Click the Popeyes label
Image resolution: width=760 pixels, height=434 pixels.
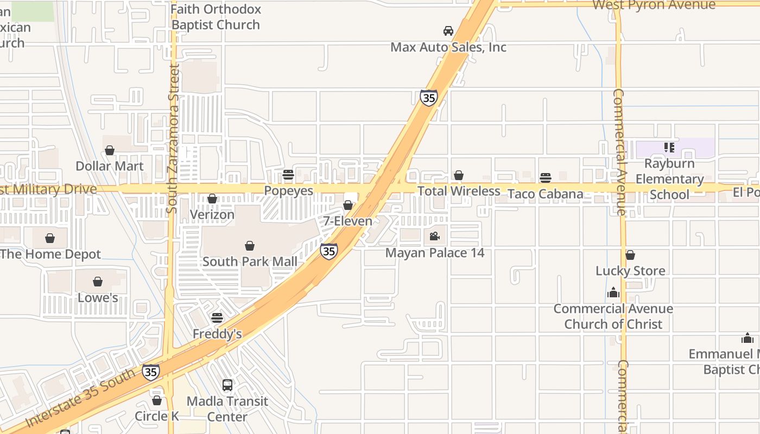coord(289,190)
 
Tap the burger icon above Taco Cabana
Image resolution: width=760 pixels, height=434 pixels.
coord(546,178)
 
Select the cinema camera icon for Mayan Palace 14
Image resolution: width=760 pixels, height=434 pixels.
coord(434,236)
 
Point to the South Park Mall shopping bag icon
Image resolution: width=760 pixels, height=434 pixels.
coord(250,246)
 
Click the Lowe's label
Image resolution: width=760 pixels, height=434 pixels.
coord(98,297)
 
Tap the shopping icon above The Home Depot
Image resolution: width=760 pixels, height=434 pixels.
coord(50,238)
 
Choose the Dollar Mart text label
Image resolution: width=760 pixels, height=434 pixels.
coord(110,166)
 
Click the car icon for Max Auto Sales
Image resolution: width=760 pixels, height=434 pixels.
coord(448,31)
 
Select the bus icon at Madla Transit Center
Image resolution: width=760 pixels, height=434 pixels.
coord(227,385)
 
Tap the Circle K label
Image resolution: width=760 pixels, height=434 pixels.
coord(157,416)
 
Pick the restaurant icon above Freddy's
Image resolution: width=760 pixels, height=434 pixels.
coord(217,318)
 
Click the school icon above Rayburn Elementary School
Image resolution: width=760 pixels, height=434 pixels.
coord(669,147)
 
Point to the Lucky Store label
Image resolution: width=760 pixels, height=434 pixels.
coord(630,271)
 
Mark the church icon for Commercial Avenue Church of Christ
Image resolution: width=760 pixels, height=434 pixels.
coord(613,293)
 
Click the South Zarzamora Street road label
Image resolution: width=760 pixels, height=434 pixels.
coord(173,138)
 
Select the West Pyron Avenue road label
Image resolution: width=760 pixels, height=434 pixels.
coord(654,5)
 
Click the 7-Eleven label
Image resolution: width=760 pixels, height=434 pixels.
coord(348,221)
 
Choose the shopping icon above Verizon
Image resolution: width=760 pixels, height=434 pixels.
coord(212,199)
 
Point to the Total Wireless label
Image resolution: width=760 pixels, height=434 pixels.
coord(459,191)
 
